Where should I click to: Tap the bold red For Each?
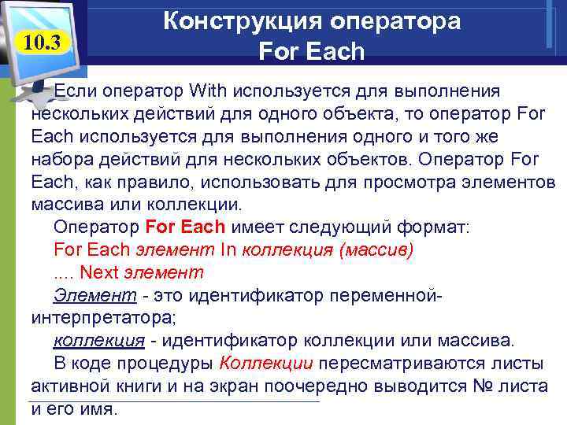(x=186, y=227)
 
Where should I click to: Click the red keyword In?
(x=229, y=250)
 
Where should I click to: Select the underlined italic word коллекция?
(x=98, y=342)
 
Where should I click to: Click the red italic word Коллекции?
(x=267, y=364)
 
